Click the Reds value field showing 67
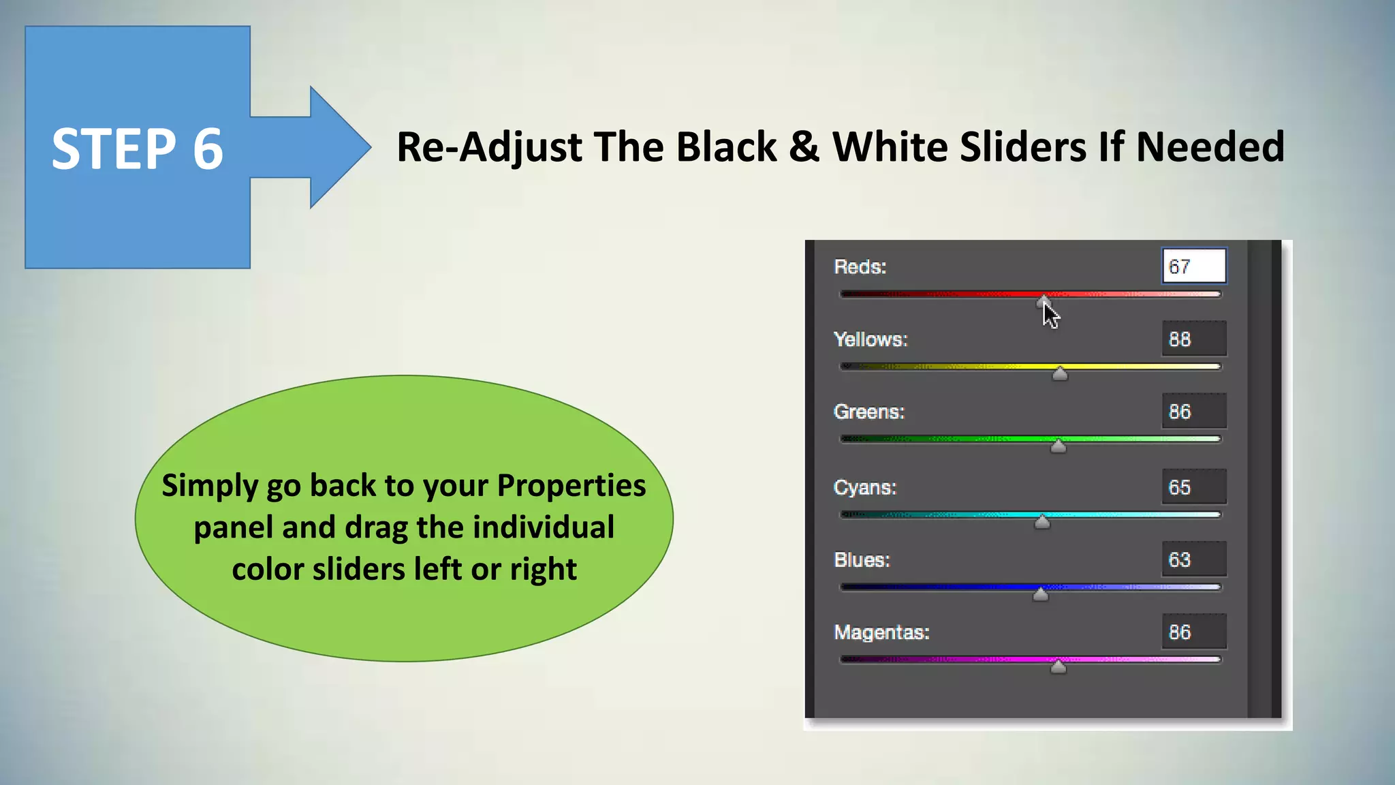tap(1193, 266)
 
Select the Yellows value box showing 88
tap(1193, 339)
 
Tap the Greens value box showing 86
tap(1193, 412)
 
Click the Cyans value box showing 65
tap(1193, 487)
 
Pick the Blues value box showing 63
tap(1193, 559)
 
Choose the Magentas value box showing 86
tap(1193, 632)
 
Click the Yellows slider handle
tap(1060, 373)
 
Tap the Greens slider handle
tap(1058, 446)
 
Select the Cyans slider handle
tap(1042, 522)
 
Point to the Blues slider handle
tap(1040, 594)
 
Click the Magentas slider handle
tap(1058, 666)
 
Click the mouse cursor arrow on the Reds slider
tap(1050, 314)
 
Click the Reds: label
tap(860, 267)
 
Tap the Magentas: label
tap(881, 632)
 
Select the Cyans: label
tap(864, 487)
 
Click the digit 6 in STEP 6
tap(208, 149)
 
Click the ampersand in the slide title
tap(804, 147)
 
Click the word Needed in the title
tap(1210, 147)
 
